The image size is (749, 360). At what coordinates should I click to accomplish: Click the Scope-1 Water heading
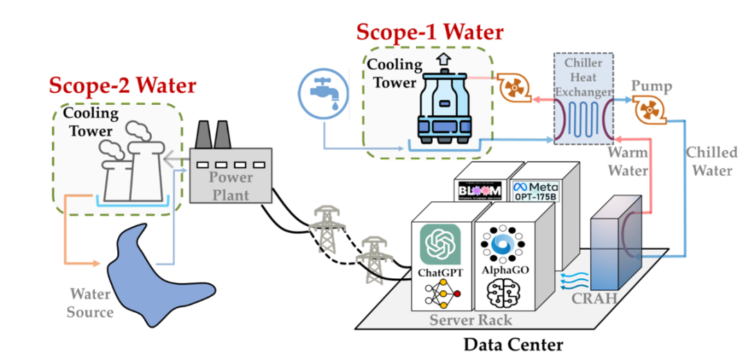click(430, 32)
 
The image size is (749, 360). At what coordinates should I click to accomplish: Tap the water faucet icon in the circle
click(320, 95)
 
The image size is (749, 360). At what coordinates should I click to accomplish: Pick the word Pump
click(651, 86)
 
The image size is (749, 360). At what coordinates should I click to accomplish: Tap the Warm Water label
click(628, 161)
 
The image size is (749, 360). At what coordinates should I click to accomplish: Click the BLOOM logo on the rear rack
click(479, 190)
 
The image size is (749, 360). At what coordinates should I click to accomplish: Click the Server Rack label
click(470, 319)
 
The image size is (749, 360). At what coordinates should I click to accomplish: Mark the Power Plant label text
click(232, 184)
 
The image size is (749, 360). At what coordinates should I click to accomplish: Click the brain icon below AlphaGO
click(504, 294)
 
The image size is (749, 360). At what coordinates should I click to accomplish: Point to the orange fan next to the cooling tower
click(513, 87)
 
